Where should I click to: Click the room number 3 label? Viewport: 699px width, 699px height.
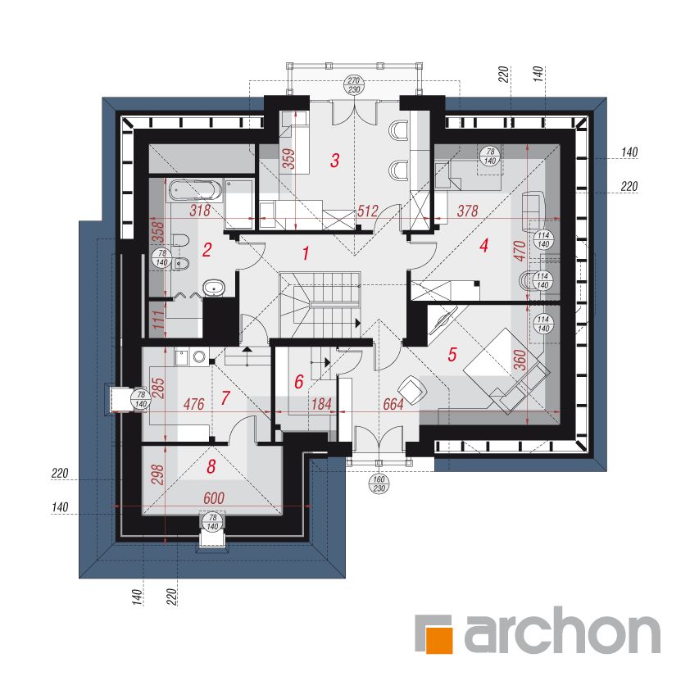click(335, 160)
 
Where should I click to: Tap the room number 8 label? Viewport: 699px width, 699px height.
click(211, 466)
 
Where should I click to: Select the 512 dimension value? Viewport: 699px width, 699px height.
click(368, 211)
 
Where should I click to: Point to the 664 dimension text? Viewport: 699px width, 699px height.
click(393, 404)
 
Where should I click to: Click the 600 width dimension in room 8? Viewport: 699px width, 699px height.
click(214, 498)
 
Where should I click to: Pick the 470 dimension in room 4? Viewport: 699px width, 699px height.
click(520, 251)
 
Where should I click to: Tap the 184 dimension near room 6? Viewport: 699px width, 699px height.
click(321, 404)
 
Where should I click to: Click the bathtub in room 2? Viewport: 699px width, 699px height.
click(195, 190)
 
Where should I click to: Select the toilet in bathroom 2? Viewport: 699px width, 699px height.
click(180, 241)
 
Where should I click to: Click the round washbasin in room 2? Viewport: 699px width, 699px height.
click(215, 288)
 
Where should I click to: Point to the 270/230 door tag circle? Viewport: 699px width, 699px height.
click(354, 85)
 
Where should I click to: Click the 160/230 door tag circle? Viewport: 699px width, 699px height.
click(379, 484)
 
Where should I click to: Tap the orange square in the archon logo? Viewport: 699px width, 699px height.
click(439, 640)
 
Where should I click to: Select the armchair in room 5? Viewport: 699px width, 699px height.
click(413, 389)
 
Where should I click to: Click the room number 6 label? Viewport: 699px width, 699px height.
click(298, 382)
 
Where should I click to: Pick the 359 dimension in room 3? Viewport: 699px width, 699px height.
click(289, 159)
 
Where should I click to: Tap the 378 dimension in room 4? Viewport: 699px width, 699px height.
click(467, 211)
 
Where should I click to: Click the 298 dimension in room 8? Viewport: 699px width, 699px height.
click(158, 474)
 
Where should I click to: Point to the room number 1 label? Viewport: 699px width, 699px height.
click(306, 253)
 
